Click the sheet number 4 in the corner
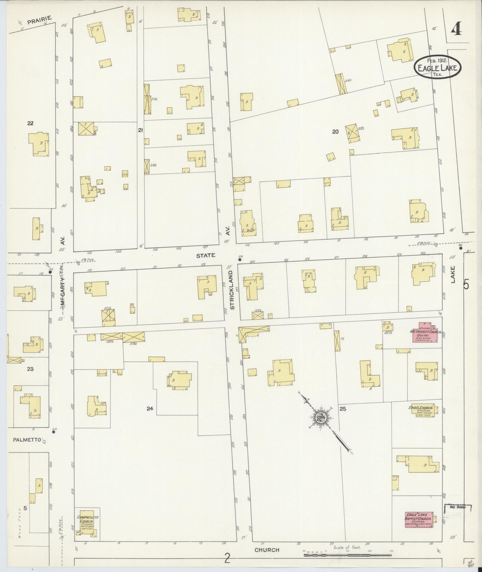pyautogui.click(x=455, y=29)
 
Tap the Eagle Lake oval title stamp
pyautogui.click(x=437, y=67)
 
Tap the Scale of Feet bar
pyautogui.click(x=348, y=555)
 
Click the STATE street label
pyautogui.click(x=206, y=255)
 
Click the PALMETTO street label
pyautogui.click(x=26, y=440)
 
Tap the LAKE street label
pyautogui.click(x=453, y=274)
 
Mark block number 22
pyautogui.click(x=30, y=123)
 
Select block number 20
pyautogui.click(x=335, y=131)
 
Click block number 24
pyautogui.click(x=150, y=408)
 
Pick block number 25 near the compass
pyautogui.click(x=342, y=409)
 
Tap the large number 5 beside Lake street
pyautogui.click(x=466, y=284)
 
